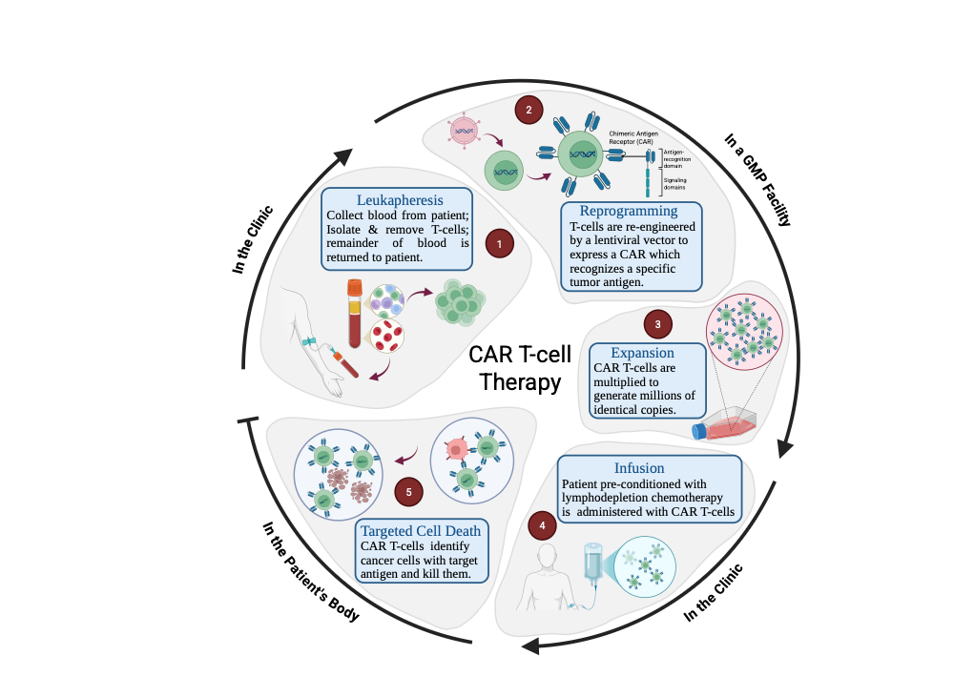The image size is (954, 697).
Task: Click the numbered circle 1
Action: [497, 244]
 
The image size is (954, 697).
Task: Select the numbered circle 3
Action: [657, 324]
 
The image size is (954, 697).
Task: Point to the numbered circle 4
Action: [542, 525]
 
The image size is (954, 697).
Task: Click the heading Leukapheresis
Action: [396, 200]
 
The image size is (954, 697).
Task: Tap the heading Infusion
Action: [639, 468]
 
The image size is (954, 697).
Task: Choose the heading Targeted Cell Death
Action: [421, 530]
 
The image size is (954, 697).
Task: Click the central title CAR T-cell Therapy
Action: [520, 368]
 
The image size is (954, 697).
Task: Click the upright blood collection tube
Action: [355, 312]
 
